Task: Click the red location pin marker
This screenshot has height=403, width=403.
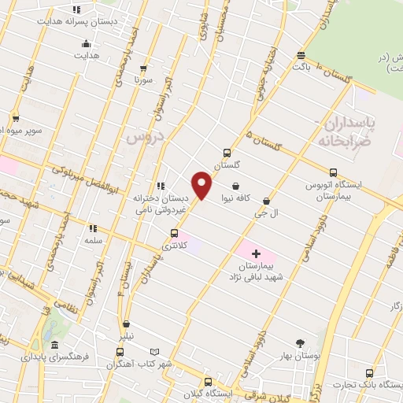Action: coord(202,185)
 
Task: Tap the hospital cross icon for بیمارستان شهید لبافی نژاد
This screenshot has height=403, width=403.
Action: coord(256,254)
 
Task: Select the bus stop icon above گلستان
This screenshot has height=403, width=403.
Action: coord(227,153)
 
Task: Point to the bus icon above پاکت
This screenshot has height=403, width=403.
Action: coord(301,55)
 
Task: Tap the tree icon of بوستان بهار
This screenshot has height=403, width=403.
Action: coord(300,343)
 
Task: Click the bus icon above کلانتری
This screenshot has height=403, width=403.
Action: coord(175,233)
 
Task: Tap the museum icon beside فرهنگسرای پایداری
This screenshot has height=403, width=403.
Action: coord(53,346)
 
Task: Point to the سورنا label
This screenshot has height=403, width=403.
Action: coord(142,80)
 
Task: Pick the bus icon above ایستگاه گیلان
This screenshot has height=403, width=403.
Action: coord(206,380)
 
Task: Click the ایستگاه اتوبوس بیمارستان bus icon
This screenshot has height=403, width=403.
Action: coord(333,173)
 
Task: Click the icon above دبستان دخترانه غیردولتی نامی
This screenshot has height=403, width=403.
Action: coord(160,187)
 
